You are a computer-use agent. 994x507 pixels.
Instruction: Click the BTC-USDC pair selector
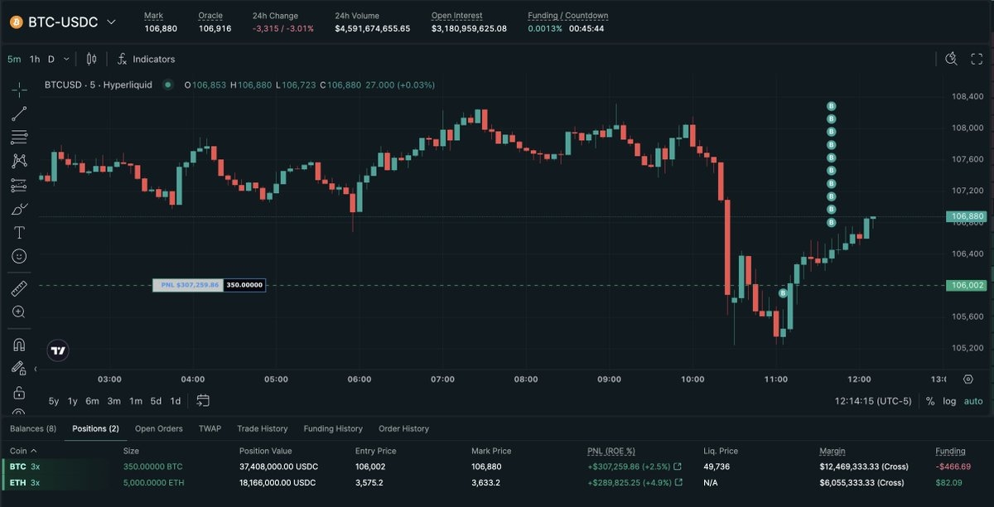[x=63, y=22]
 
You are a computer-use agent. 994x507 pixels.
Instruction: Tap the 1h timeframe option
[x=35, y=60]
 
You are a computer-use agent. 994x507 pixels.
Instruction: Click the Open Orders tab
[x=158, y=429]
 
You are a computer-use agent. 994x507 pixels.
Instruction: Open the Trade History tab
[x=262, y=429]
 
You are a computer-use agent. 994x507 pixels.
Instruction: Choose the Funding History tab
[x=333, y=429]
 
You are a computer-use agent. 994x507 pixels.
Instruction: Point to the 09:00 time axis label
[x=609, y=379]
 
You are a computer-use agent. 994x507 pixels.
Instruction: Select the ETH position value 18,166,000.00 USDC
[x=277, y=483]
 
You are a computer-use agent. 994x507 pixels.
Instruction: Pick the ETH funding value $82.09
[x=954, y=483]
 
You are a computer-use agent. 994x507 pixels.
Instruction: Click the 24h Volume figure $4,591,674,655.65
[x=372, y=29]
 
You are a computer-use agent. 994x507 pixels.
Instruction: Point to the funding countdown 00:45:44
[x=587, y=29]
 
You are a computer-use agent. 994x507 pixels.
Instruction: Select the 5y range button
[x=54, y=401]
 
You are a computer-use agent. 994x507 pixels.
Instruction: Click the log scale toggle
[x=949, y=401]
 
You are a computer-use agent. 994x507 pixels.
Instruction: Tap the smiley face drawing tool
[x=19, y=257]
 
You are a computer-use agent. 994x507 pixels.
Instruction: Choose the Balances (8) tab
[x=33, y=429]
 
